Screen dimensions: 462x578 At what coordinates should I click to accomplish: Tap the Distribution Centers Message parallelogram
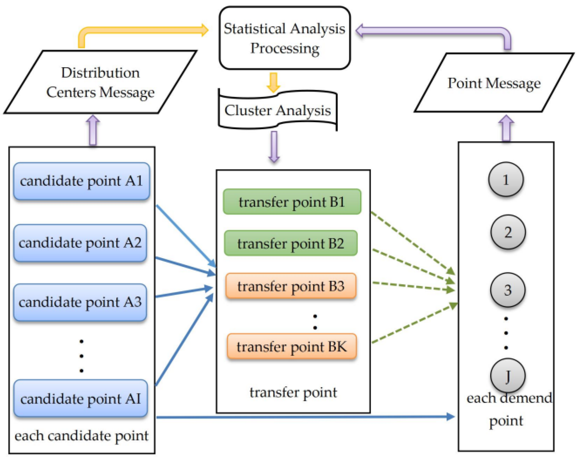tap(100, 82)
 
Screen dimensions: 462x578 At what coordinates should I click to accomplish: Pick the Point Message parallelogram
tap(494, 83)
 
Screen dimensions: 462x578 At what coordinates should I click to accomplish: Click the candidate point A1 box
tap(82, 181)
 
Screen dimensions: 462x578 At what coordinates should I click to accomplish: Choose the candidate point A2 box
tap(80, 243)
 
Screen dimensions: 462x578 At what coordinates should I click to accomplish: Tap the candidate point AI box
tap(80, 398)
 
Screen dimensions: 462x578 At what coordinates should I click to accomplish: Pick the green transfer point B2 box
tap(291, 243)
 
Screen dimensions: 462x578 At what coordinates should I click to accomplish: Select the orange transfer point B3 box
tap(291, 286)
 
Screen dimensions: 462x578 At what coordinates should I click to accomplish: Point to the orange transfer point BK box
tap(292, 346)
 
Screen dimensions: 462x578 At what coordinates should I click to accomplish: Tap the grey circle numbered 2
tap(508, 232)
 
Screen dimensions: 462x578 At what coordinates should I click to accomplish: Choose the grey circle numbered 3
tap(507, 290)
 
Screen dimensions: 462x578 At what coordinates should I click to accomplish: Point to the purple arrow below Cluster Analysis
tap(274, 146)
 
